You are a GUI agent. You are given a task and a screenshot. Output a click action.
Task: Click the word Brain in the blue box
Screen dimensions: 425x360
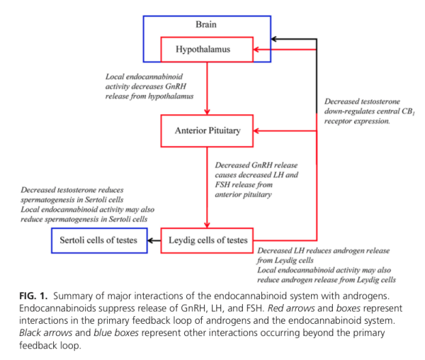[x=206, y=24]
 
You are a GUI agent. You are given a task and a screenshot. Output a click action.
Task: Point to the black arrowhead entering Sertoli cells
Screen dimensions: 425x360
[x=150, y=240]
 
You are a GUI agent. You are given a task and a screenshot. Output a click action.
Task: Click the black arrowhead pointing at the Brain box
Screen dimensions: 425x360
[x=273, y=39]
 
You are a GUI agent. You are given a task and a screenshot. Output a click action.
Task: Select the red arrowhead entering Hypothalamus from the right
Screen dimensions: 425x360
[x=256, y=50]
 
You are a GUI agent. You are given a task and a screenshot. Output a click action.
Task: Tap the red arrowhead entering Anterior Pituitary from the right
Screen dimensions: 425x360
[x=256, y=131]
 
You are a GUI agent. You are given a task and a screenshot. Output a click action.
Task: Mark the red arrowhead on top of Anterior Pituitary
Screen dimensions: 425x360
[x=207, y=112]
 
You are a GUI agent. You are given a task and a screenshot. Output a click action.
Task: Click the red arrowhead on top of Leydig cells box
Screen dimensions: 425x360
[x=207, y=225]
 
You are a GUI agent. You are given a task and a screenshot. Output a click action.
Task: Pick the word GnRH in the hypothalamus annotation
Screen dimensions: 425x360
[x=176, y=86]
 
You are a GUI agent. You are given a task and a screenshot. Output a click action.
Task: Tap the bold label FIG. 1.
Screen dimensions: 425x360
[x=33, y=296]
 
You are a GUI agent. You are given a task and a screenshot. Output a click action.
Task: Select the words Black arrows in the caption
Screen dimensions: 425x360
[x=46, y=332]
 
